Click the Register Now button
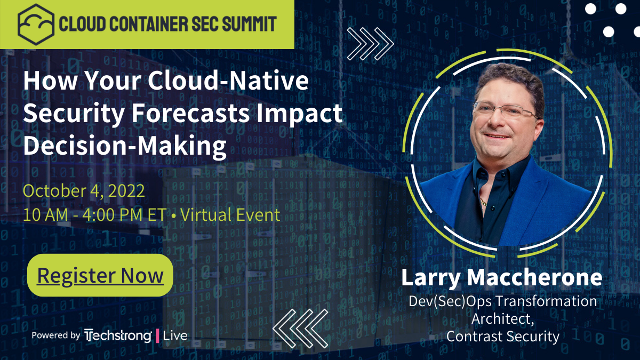click(x=100, y=275)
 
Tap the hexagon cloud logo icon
click(x=36, y=24)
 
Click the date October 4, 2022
click(x=84, y=191)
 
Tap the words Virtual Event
click(x=230, y=215)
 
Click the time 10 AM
click(x=45, y=215)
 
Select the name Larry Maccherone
click(x=501, y=277)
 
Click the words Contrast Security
click(x=502, y=337)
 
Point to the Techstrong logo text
click(x=118, y=335)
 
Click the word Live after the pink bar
click(x=175, y=335)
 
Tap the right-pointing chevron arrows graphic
click(x=370, y=43)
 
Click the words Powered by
click(x=55, y=335)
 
